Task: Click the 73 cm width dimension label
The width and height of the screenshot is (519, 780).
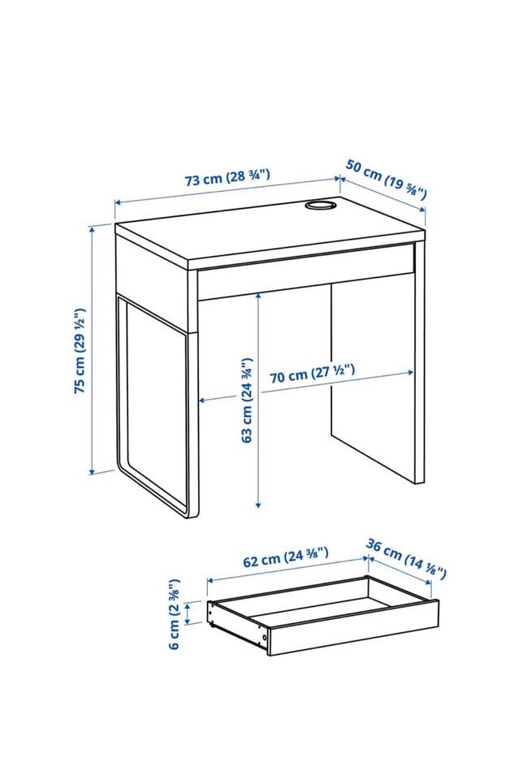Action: click(227, 177)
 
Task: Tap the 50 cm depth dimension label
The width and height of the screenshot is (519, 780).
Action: click(387, 179)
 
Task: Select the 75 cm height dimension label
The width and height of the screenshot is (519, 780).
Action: click(80, 351)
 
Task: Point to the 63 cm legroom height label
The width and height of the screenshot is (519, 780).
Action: click(247, 400)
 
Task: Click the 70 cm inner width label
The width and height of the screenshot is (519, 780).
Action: click(312, 373)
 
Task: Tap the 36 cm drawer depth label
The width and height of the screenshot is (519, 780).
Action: click(406, 559)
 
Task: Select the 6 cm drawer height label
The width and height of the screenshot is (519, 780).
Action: click(174, 614)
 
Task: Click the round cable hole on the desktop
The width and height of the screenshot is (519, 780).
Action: click(319, 205)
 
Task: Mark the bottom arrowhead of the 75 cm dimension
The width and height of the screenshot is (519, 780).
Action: click(92, 470)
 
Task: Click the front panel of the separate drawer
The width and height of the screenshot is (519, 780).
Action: click(353, 627)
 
